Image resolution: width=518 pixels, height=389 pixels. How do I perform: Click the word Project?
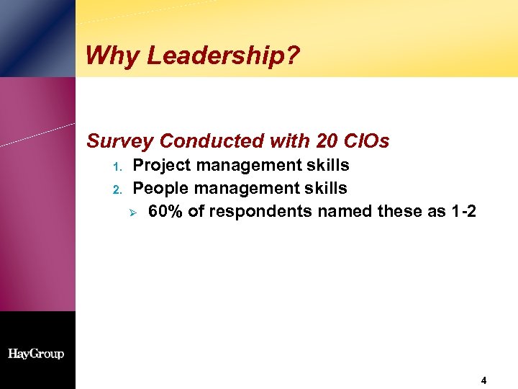click(x=163, y=166)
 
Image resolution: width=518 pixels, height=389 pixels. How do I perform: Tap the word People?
click(x=161, y=189)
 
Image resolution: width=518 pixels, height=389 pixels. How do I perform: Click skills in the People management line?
click(x=326, y=189)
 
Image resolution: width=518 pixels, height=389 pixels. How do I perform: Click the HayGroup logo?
click(x=36, y=354)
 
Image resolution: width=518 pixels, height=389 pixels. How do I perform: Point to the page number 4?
click(x=484, y=380)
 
